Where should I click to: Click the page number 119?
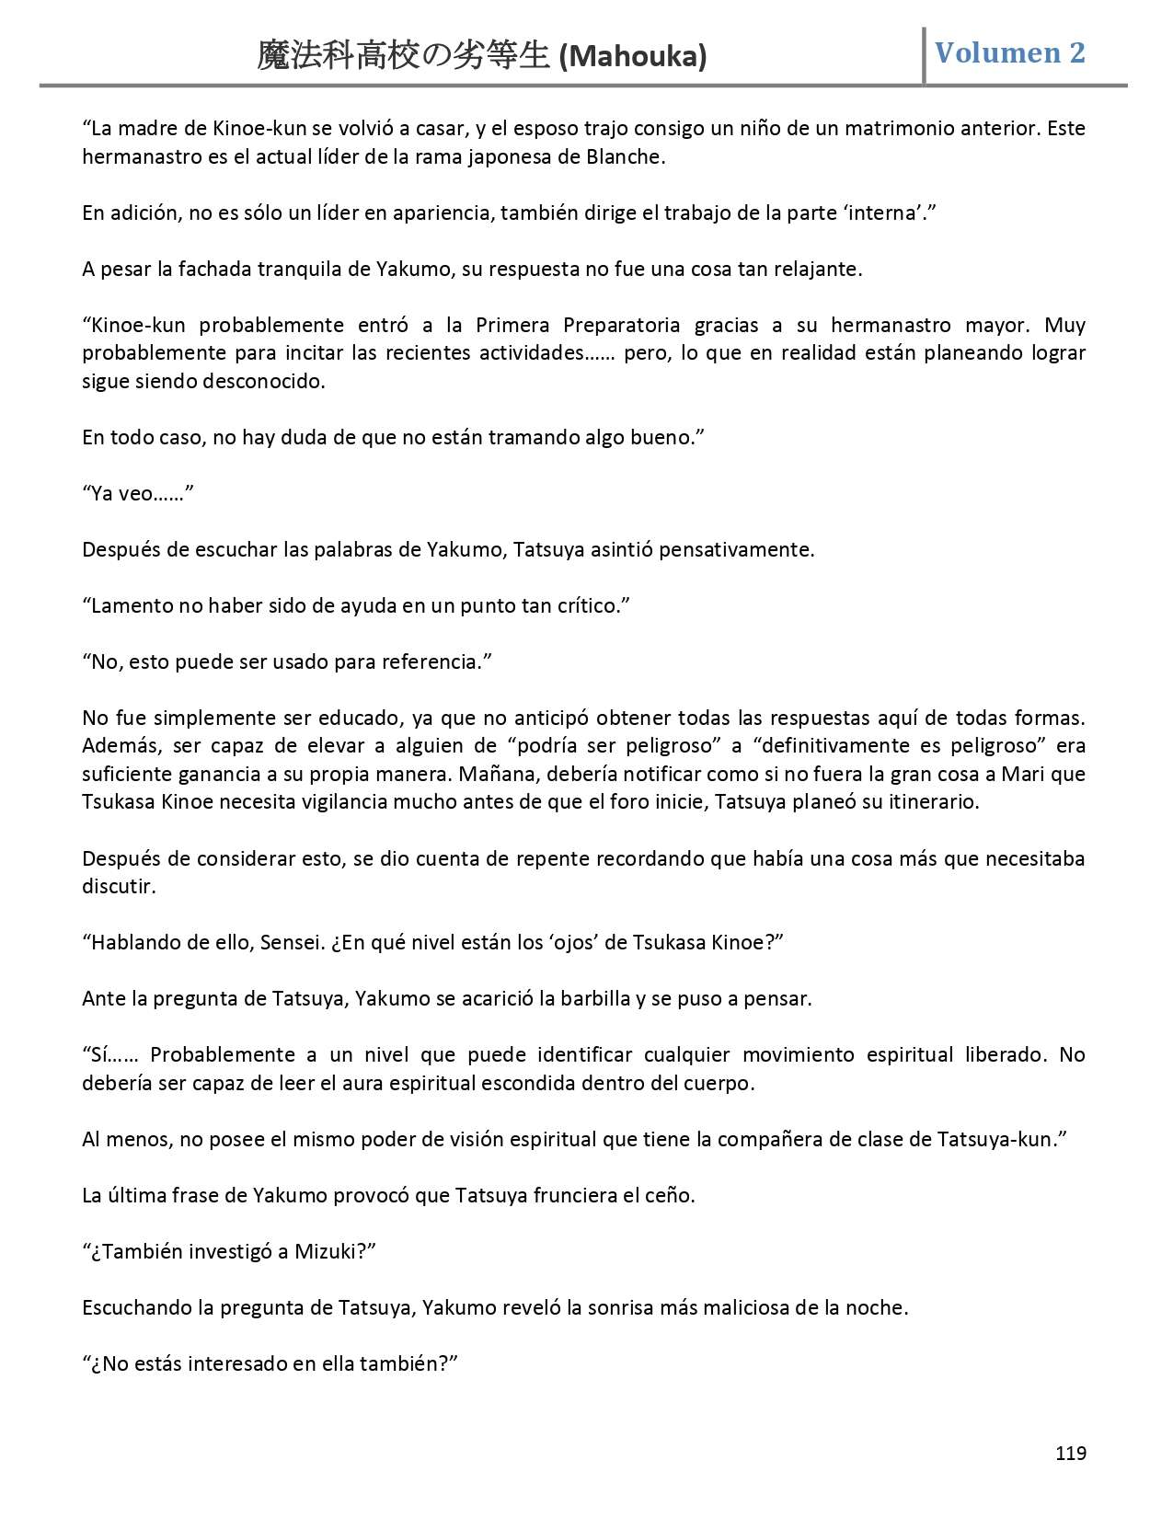[x=1071, y=1453]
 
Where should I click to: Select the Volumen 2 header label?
[x=1009, y=52]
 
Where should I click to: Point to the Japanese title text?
[x=405, y=57]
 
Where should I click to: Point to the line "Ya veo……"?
[x=138, y=493]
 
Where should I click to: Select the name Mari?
[x=1019, y=774]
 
